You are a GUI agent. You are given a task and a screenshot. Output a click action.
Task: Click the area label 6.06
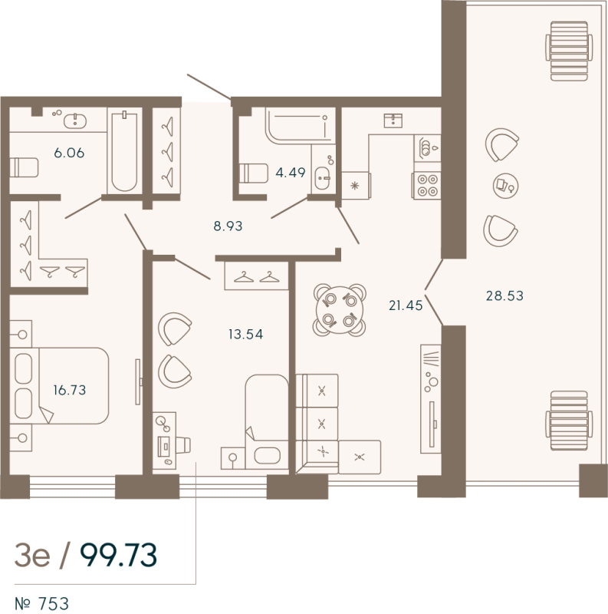click(69, 153)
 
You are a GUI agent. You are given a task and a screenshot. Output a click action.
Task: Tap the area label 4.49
click(291, 173)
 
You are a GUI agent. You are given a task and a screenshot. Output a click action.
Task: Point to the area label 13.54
click(245, 334)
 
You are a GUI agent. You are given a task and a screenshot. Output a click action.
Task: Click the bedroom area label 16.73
click(69, 390)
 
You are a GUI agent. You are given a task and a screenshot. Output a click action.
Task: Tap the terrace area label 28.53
click(505, 295)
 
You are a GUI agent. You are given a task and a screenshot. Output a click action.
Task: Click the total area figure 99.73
click(119, 553)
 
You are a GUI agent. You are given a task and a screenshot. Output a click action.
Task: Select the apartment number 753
click(58, 603)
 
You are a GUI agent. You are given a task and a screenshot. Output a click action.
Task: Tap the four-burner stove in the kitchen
click(426, 185)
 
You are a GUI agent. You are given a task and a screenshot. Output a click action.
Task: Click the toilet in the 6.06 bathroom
click(24, 167)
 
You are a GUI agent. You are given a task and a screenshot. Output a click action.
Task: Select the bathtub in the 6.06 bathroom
click(124, 151)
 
